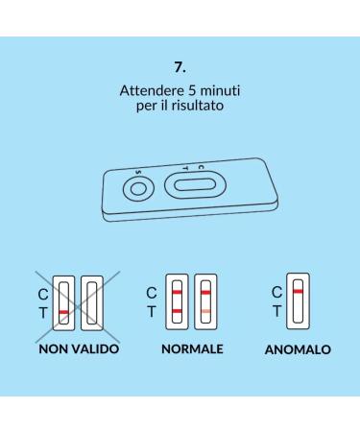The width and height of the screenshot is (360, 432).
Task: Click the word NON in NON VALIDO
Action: click(x=56, y=349)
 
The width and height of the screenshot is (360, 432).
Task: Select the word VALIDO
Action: click(x=95, y=349)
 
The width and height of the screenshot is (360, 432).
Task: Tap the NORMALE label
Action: click(x=192, y=349)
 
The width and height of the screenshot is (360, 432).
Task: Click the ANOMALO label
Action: click(x=298, y=350)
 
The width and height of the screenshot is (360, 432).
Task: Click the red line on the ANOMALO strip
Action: click(x=299, y=290)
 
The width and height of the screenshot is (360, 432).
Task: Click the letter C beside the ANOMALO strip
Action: click(x=277, y=290)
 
